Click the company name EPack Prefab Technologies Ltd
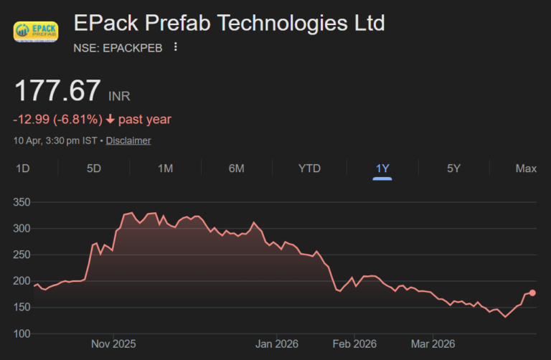229,23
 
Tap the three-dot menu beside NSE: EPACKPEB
176,47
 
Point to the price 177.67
58,92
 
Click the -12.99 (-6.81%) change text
57,119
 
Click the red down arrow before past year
110,119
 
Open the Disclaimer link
128,141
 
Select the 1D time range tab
22,169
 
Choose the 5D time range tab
94,169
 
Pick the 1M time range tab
166,169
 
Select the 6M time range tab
237,169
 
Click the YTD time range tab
309,169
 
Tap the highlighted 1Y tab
382,169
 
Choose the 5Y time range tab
453,169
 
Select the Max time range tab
526,169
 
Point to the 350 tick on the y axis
22,202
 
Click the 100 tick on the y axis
22,333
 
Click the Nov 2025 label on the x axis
113,344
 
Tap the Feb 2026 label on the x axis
354,344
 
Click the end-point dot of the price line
532,293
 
